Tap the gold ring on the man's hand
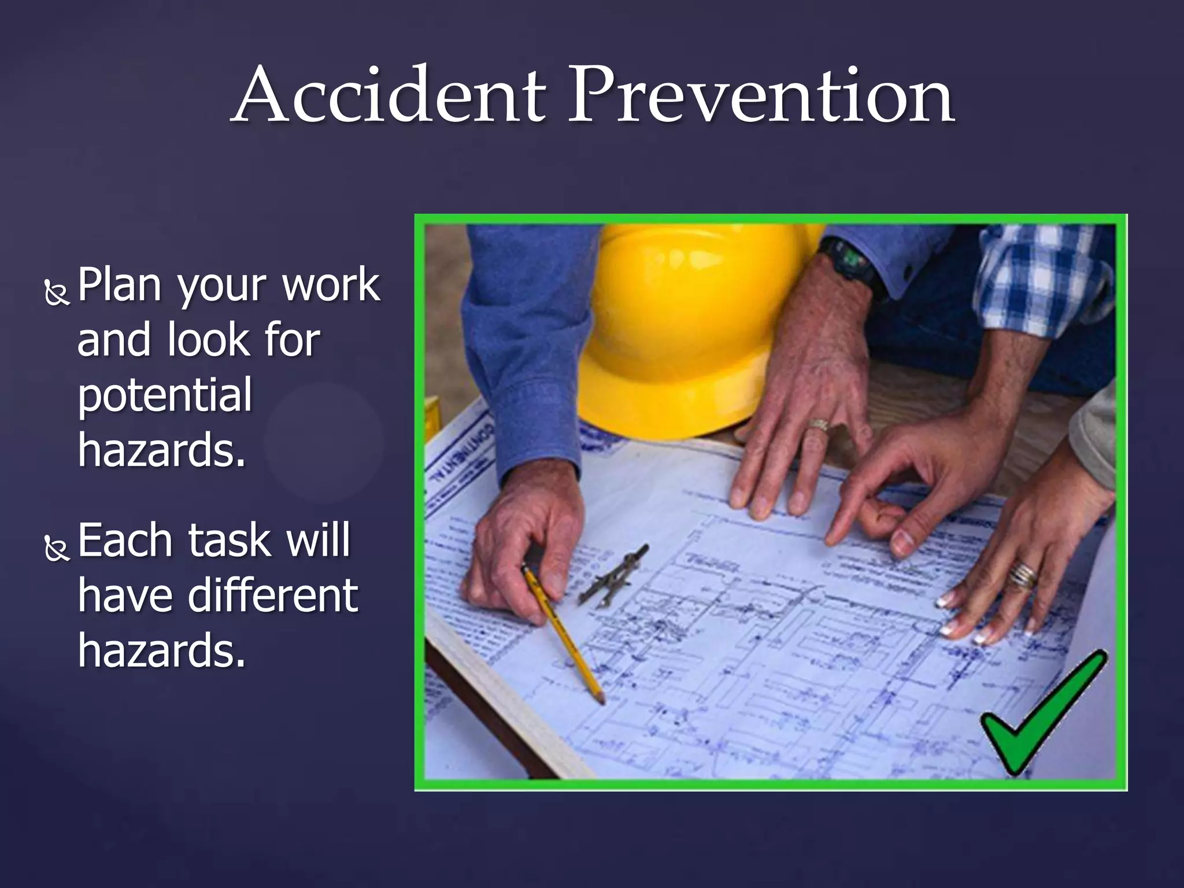click(817, 425)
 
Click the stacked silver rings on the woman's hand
click(1023, 575)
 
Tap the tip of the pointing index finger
click(831, 541)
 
